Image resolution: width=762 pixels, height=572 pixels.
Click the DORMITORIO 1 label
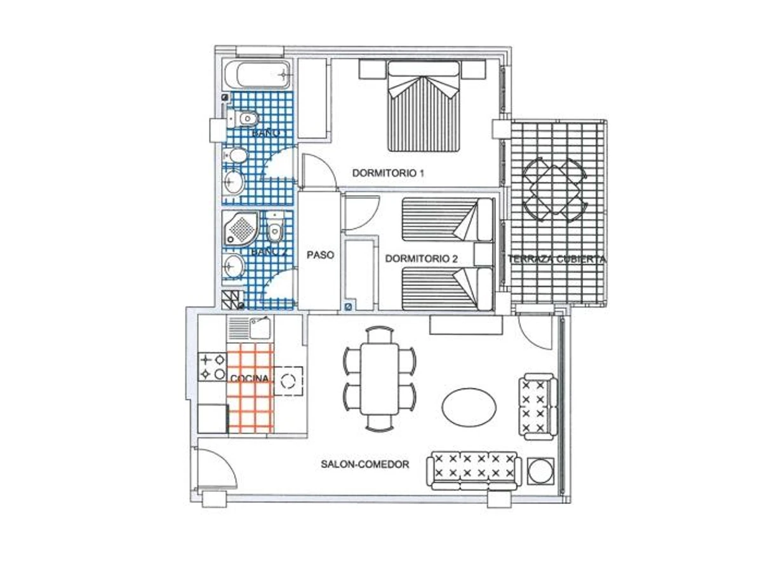coord(388,173)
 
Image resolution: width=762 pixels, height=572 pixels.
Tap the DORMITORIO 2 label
coord(421,259)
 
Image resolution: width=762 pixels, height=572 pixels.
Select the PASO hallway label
coord(320,255)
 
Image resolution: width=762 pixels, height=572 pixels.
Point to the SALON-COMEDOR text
coord(364,464)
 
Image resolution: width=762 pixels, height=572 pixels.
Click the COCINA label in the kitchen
coord(250,379)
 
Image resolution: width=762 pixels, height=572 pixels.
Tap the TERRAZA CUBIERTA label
coord(557,259)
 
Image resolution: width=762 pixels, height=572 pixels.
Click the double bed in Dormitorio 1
coord(423,106)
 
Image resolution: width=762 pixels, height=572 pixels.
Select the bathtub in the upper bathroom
coord(257,74)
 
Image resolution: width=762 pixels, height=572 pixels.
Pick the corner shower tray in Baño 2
coord(240,228)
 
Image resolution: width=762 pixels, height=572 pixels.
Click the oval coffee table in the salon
coord(469,406)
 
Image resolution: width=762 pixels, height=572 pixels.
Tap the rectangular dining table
coord(380,379)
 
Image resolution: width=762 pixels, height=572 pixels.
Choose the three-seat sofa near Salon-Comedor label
coord(474,471)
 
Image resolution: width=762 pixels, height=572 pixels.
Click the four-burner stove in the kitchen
coord(212,367)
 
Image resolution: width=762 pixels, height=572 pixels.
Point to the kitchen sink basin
coord(260,327)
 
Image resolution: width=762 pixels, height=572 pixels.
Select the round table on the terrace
coord(554,189)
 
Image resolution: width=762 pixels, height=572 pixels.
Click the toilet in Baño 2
coord(274,228)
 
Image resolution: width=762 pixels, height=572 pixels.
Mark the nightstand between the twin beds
coord(484,255)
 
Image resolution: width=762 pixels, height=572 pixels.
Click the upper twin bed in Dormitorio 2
coord(448,219)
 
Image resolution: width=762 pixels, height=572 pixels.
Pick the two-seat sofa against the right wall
coord(538,407)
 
